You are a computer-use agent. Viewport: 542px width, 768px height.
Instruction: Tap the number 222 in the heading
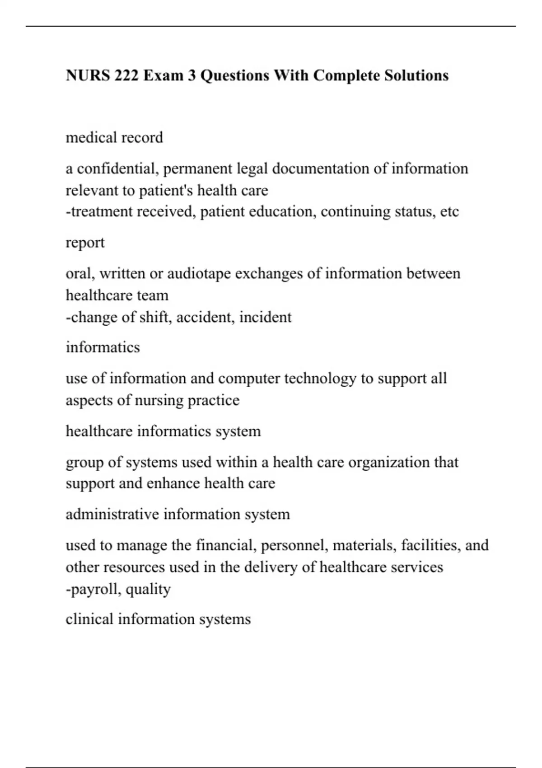[x=126, y=75]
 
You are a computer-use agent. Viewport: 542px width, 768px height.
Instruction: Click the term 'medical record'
[x=114, y=137]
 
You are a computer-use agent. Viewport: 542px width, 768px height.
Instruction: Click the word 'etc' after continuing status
[x=449, y=211]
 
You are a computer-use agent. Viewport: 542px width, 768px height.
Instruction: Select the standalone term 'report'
[x=85, y=243]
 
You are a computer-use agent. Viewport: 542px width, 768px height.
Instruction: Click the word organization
[x=389, y=462]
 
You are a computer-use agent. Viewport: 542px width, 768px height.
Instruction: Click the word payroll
[x=94, y=589]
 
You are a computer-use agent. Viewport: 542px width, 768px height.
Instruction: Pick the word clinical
[x=89, y=619]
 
